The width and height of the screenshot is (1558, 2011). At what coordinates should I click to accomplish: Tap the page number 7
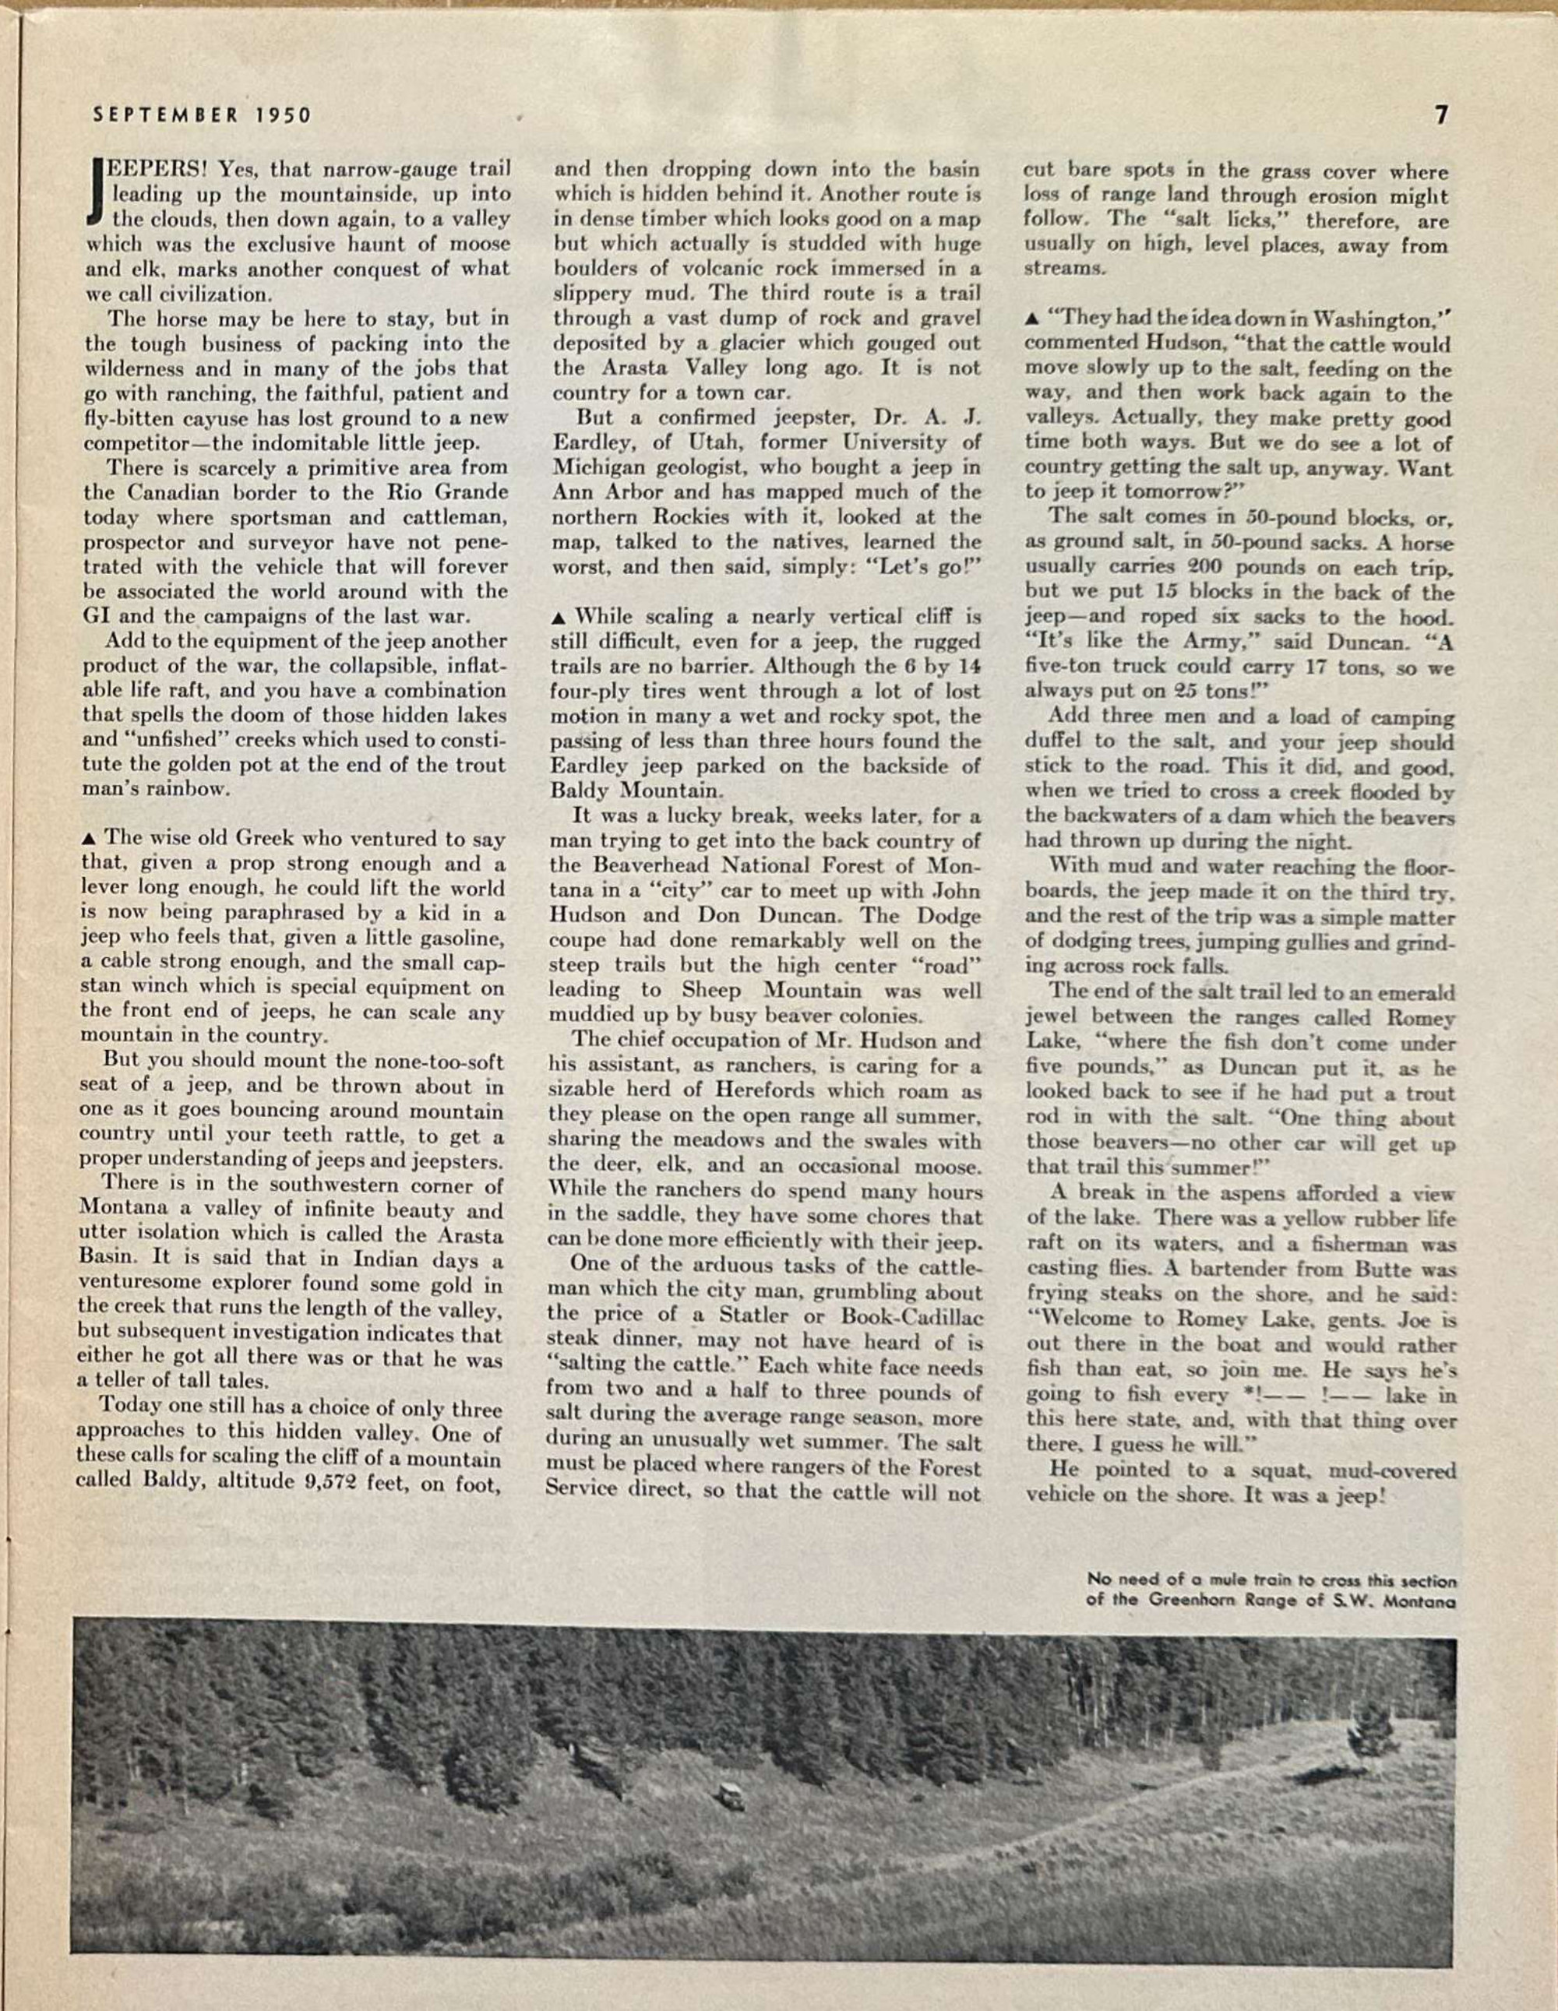(x=1441, y=114)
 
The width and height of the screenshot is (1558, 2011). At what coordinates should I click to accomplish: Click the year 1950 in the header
(x=284, y=115)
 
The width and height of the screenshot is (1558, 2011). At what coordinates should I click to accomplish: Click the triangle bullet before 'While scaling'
(x=561, y=616)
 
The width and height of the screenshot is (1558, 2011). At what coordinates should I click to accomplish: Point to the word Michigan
(x=596, y=467)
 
